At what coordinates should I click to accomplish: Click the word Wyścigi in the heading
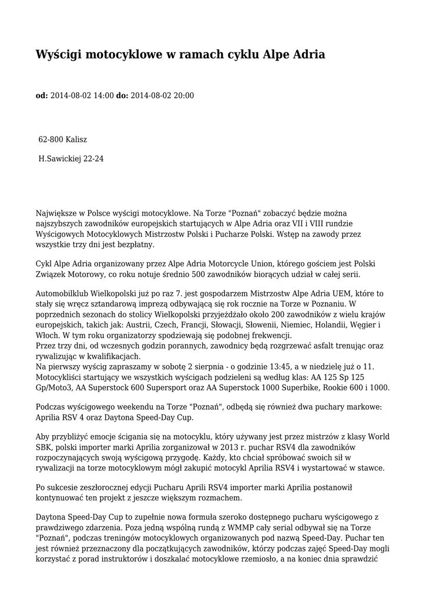[x=58, y=55]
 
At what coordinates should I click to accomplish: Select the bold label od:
[x=42, y=95]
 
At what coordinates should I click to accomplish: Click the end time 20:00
[x=183, y=95]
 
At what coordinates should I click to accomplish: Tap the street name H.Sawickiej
[x=60, y=158]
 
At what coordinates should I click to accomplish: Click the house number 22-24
[x=94, y=158]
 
